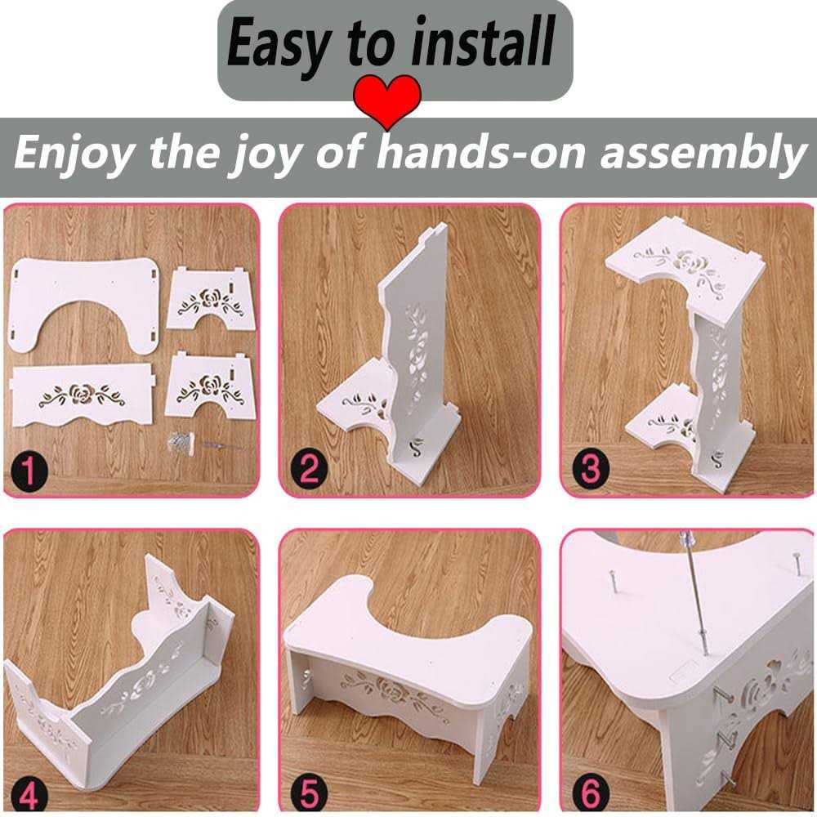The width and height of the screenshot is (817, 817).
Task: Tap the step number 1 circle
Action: (x=29, y=471)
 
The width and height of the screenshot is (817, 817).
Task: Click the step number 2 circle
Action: (x=309, y=470)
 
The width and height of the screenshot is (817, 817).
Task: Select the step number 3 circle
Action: (x=591, y=468)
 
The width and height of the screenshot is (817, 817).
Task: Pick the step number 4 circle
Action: (x=29, y=797)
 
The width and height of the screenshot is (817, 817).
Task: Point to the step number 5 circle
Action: (x=309, y=794)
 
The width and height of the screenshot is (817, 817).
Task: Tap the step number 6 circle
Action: (x=591, y=793)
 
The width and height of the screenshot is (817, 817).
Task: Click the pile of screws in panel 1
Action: (x=180, y=440)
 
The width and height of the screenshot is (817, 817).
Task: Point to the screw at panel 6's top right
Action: (x=797, y=565)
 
